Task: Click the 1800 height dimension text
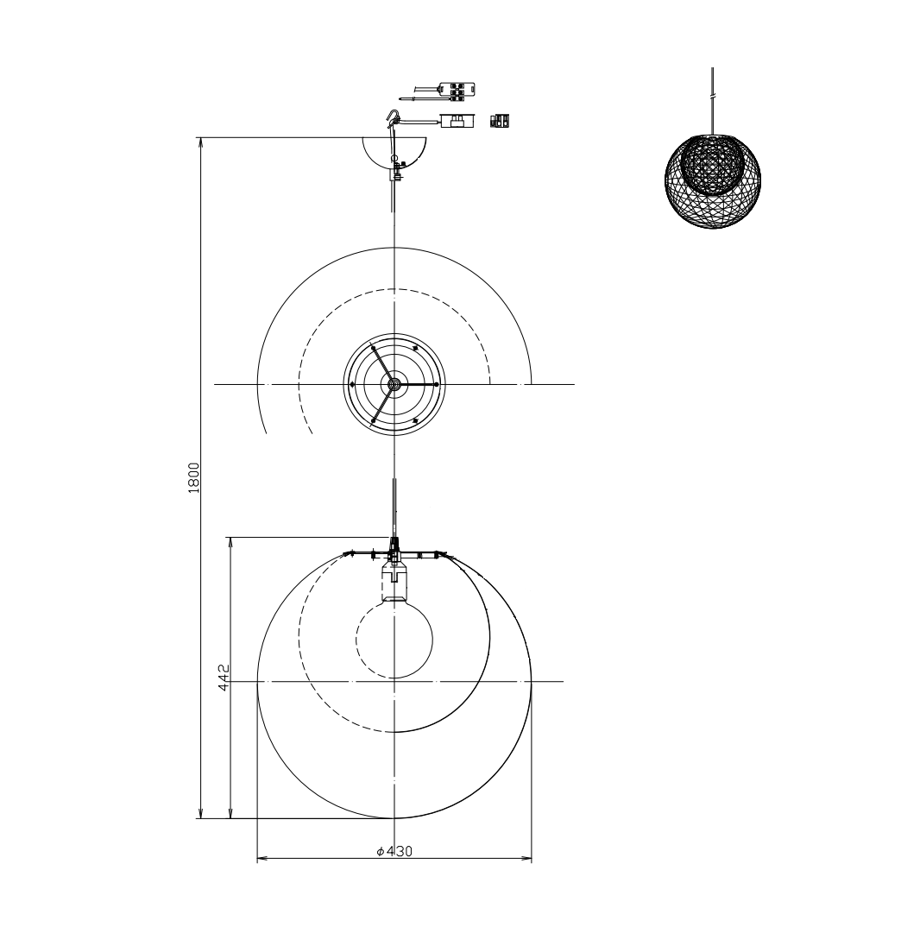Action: pyautogui.click(x=193, y=478)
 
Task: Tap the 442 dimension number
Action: pyautogui.click(x=224, y=678)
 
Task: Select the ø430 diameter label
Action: pyautogui.click(x=394, y=851)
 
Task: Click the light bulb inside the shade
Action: pyautogui.click(x=394, y=640)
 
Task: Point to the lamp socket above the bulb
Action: pyautogui.click(x=394, y=580)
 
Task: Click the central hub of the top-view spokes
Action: pyautogui.click(x=394, y=384)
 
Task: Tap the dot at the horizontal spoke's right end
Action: pyautogui.click(x=436, y=384)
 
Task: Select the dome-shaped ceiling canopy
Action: pyautogui.click(x=394, y=153)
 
